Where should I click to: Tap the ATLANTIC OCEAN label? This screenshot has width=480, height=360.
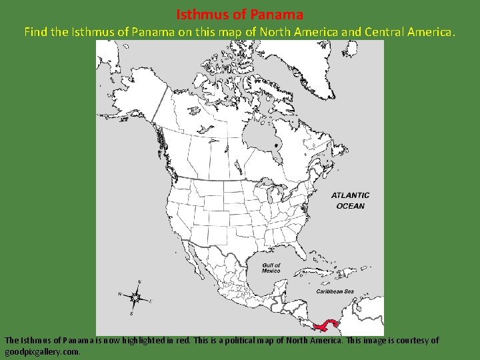(351, 201)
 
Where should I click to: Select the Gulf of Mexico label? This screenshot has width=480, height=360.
(271, 268)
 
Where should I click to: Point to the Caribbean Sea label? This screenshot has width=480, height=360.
(335, 291)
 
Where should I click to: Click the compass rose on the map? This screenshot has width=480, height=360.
(136, 297)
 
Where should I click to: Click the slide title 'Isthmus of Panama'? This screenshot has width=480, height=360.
(240, 13)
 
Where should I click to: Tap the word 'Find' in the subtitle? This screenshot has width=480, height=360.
(37, 31)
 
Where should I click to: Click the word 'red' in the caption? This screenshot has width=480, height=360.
(183, 340)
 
